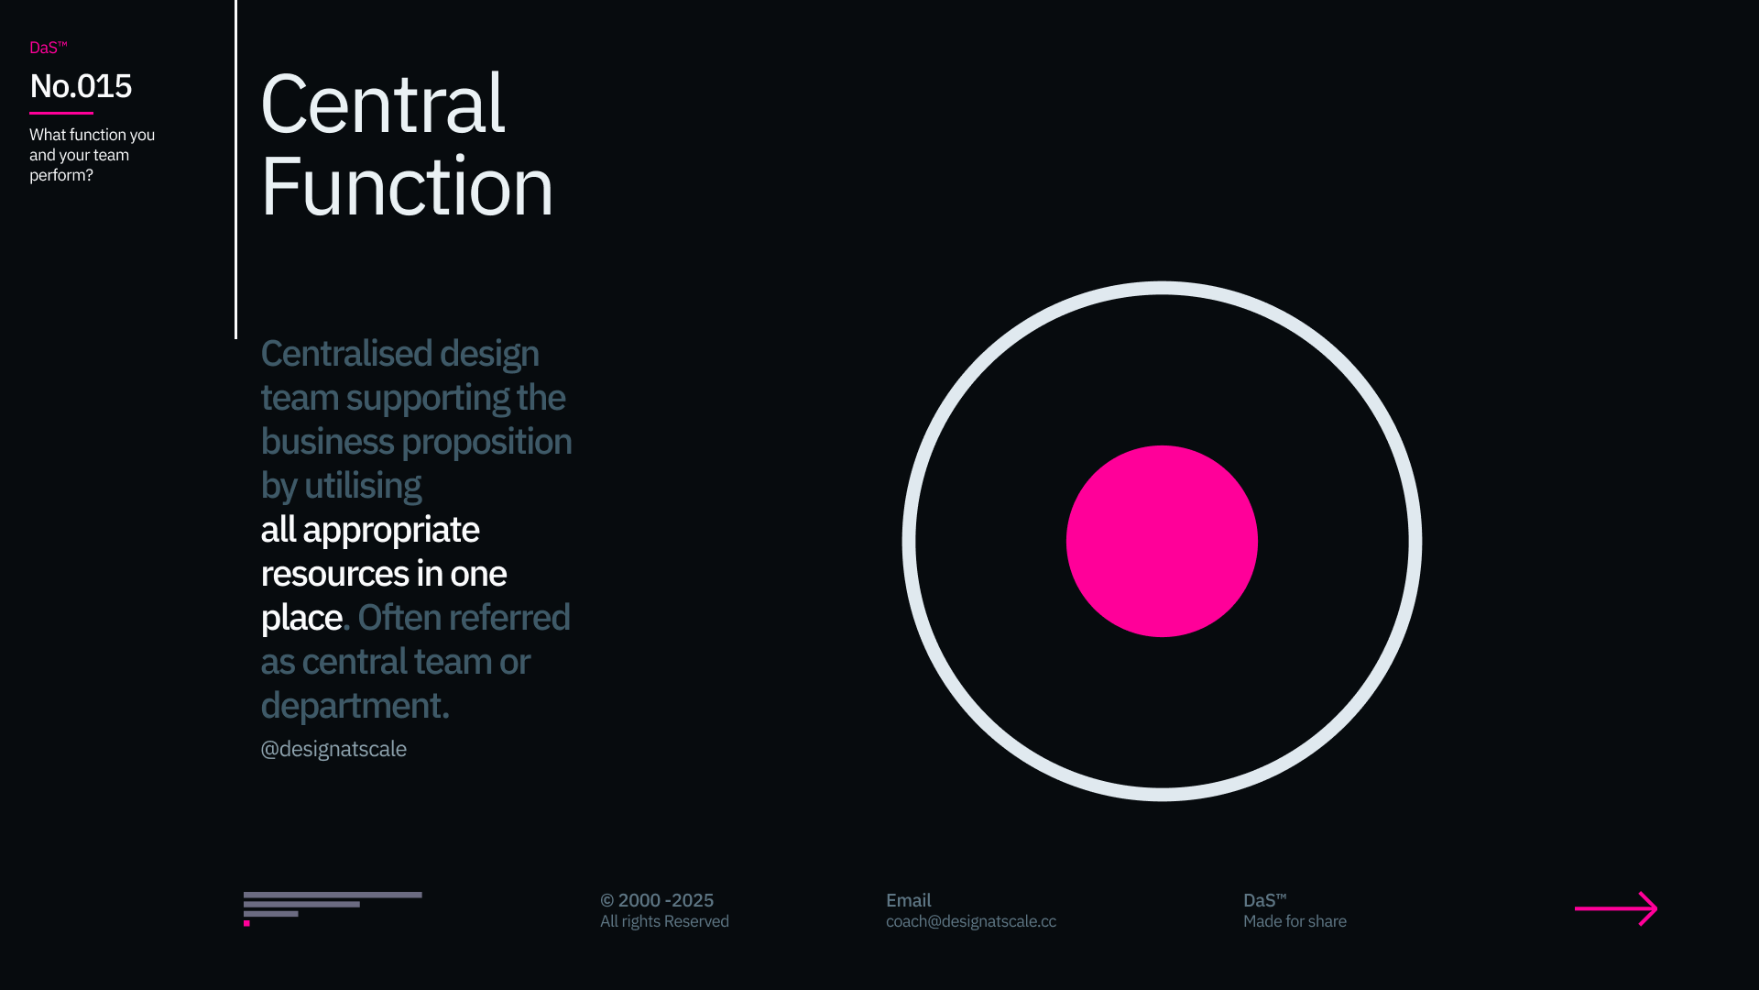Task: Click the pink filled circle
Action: click(x=1162, y=541)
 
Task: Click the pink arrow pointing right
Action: click(x=1616, y=908)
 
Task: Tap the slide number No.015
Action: click(x=81, y=86)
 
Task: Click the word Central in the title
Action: click(x=383, y=104)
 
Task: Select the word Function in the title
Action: click(x=407, y=187)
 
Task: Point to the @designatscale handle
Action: click(x=333, y=749)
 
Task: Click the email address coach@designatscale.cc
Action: click(x=971, y=921)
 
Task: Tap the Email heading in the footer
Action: click(x=909, y=900)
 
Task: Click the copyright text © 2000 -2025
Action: click(x=657, y=900)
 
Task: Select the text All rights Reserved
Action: click(x=664, y=921)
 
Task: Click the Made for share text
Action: click(x=1295, y=921)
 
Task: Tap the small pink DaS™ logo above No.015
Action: click(x=49, y=48)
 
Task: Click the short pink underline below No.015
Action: click(x=61, y=113)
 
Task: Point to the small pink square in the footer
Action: click(x=246, y=923)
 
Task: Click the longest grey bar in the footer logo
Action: click(x=333, y=895)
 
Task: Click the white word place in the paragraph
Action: click(x=301, y=619)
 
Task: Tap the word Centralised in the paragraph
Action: click(x=346, y=354)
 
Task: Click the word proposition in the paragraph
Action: click(x=487, y=443)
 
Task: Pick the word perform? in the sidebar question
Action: click(x=61, y=176)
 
